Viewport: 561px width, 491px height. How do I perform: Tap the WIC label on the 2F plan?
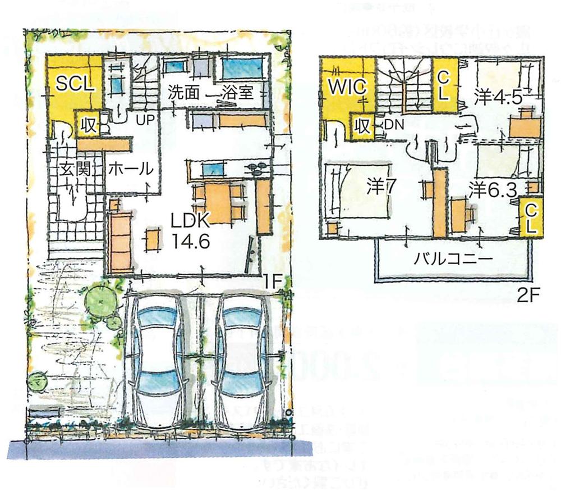[348, 87]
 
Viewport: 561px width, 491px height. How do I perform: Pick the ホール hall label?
[130, 169]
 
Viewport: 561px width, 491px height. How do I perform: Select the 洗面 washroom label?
[183, 93]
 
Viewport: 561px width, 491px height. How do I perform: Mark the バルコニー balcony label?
[453, 259]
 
